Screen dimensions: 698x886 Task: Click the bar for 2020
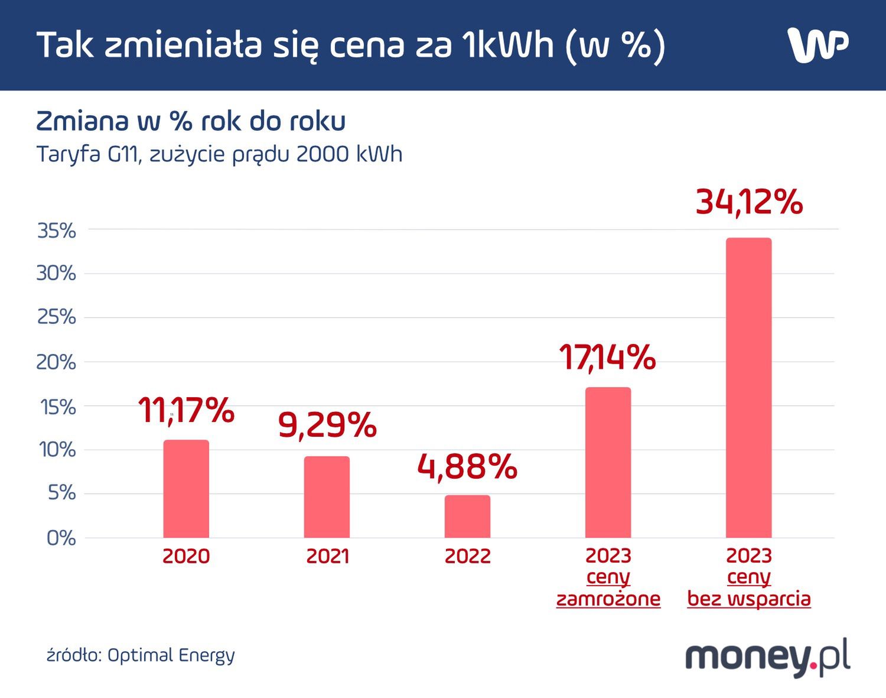pyautogui.click(x=186, y=489)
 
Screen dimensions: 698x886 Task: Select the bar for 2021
pyautogui.click(x=327, y=497)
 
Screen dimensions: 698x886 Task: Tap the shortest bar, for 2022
pyautogui.click(x=467, y=517)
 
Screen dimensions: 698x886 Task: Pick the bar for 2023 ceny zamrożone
pyautogui.click(x=608, y=462)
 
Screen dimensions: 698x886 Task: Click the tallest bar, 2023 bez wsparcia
pyautogui.click(x=748, y=388)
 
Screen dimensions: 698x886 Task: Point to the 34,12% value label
pyautogui.click(x=749, y=202)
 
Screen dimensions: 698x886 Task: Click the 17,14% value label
pyautogui.click(x=607, y=358)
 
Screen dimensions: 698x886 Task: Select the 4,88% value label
pyautogui.click(x=467, y=467)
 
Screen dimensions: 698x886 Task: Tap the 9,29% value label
pyautogui.click(x=327, y=425)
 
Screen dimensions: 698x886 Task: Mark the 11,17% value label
pyautogui.click(x=186, y=411)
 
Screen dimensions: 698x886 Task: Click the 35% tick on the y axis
pyautogui.click(x=57, y=231)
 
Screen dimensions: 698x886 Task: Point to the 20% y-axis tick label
pyautogui.click(x=57, y=362)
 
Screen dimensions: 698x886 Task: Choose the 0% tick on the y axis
pyautogui.click(x=61, y=538)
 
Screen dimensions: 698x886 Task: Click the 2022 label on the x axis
pyautogui.click(x=467, y=556)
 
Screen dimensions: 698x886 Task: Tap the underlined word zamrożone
pyautogui.click(x=608, y=599)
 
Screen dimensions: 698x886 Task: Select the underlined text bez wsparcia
pyautogui.click(x=749, y=599)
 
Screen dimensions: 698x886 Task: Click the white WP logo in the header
pyautogui.click(x=818, y=44)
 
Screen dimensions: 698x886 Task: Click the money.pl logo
pyautogui.click(x=768, y=657)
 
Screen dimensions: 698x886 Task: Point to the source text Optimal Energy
pyautogui.click(x=171, y=655)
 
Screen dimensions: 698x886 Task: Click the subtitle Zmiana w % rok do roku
pyautogui.click(x=191, y=121)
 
